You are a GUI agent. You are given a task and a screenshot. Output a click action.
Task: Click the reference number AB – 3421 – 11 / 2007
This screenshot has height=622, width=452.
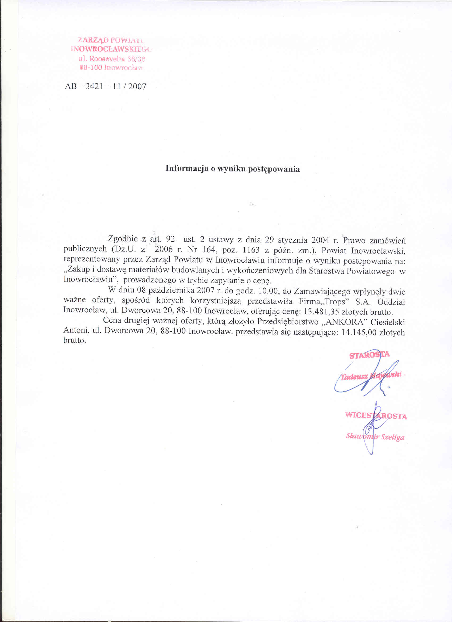coord(106,87)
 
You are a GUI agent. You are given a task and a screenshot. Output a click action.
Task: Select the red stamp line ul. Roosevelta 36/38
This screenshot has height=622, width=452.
coord(112,59)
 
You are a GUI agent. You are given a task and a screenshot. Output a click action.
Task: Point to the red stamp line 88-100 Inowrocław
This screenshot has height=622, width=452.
coord(112,68)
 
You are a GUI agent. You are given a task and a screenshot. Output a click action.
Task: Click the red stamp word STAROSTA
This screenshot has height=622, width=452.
coord(370,355)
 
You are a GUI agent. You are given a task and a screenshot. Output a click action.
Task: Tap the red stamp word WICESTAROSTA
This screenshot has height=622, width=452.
coord(376,415)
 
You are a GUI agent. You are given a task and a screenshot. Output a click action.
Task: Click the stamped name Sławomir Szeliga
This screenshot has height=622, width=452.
coord(375,436)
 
